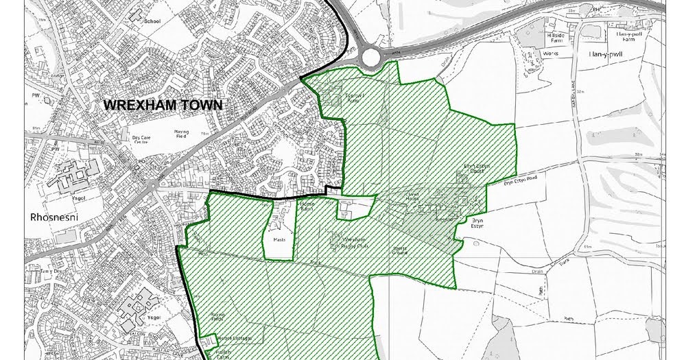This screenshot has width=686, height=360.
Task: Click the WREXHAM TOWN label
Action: coord(163,105)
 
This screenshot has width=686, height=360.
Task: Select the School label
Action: coord(152,21)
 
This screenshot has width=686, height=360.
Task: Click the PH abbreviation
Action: coord(579,9)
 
